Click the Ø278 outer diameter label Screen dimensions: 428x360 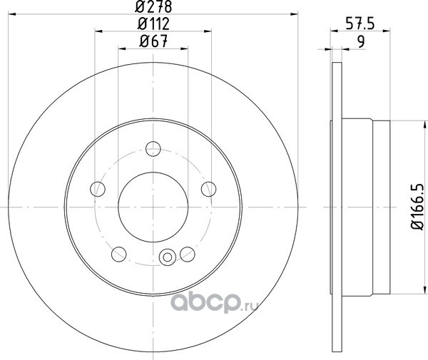(153, 6)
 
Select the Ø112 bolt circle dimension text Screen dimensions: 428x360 (153, 24)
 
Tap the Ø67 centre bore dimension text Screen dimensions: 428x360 (153, 41)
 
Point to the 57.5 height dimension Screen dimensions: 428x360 (360, 23)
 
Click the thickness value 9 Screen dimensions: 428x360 (361, 42)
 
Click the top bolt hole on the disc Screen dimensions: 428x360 (153, 149)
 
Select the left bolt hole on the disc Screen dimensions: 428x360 (98, 189)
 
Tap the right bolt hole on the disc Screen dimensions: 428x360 (209, 189)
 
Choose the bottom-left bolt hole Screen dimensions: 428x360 (119, 254)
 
